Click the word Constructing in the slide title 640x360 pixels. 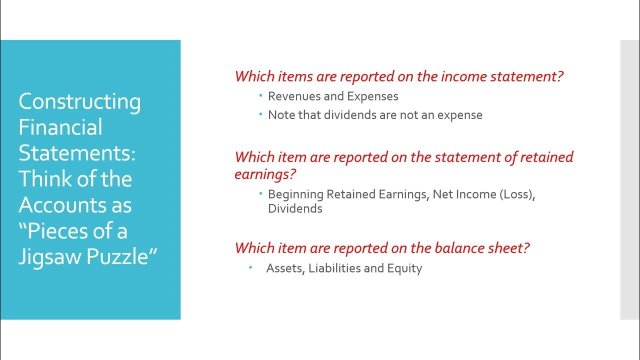pyautogui.click(x=79, y=102)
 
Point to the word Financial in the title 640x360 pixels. pyautogui.click(x=60, y=127)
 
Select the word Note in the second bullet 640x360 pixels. pyautogui.click(x=281, y=115)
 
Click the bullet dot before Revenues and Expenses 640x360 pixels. pyautogui.click(x=260, y=95)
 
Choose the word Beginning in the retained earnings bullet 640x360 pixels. pyautogui.click(x=295, y=194)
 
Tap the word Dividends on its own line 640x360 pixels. pyautogui.click(x=295, y=208)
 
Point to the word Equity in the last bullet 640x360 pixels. pyautogui.click(x=404, y=268)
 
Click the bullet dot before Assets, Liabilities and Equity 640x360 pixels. pyautogui.click(x=251, y=268)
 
